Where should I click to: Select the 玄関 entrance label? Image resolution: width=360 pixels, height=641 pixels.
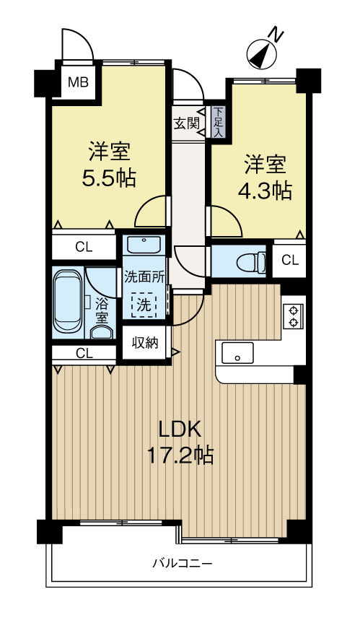coord(186,123)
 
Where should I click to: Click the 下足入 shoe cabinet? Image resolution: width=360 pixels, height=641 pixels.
coord(217,123)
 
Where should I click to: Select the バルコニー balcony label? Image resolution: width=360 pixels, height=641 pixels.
coord(181,563)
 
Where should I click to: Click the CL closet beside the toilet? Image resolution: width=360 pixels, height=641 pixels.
coord(289,260)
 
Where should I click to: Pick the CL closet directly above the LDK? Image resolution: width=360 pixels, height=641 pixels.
coord(84,354)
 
